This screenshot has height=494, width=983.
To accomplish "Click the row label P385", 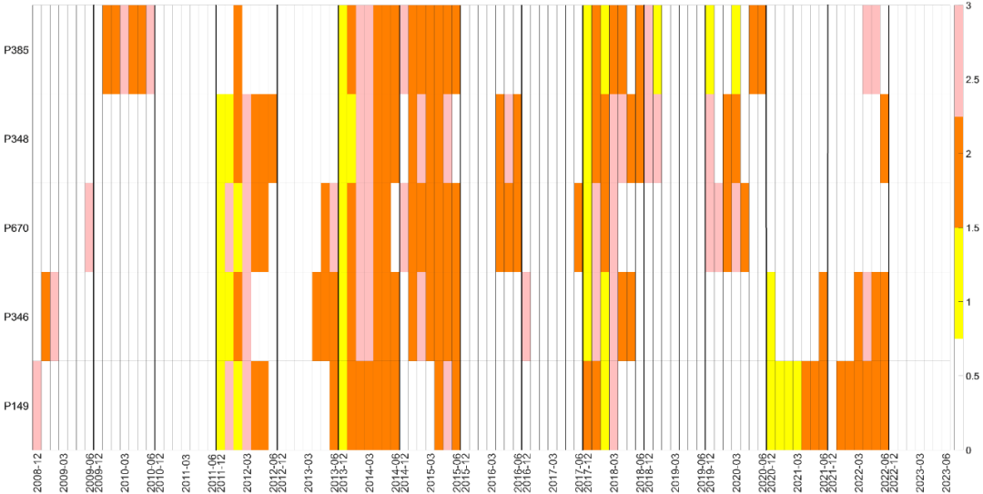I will (17, 50).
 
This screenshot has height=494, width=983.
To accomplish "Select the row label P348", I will (17, 139).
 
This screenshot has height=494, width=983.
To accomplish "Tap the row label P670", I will (17, 228).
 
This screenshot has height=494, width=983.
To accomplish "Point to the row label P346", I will (17, 317).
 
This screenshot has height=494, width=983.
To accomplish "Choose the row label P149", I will (17, 406).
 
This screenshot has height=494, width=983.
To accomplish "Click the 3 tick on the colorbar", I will (971, 5).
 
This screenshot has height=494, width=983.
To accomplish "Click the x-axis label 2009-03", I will (63, 472).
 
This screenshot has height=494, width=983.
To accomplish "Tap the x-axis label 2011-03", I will (186, 472).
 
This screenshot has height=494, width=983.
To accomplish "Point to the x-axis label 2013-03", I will (308, 472).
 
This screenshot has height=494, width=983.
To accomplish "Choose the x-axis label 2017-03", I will (552, 472).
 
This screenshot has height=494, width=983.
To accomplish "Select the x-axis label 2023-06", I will (947, 472).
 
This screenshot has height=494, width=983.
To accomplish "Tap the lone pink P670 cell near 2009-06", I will (89, 227).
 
